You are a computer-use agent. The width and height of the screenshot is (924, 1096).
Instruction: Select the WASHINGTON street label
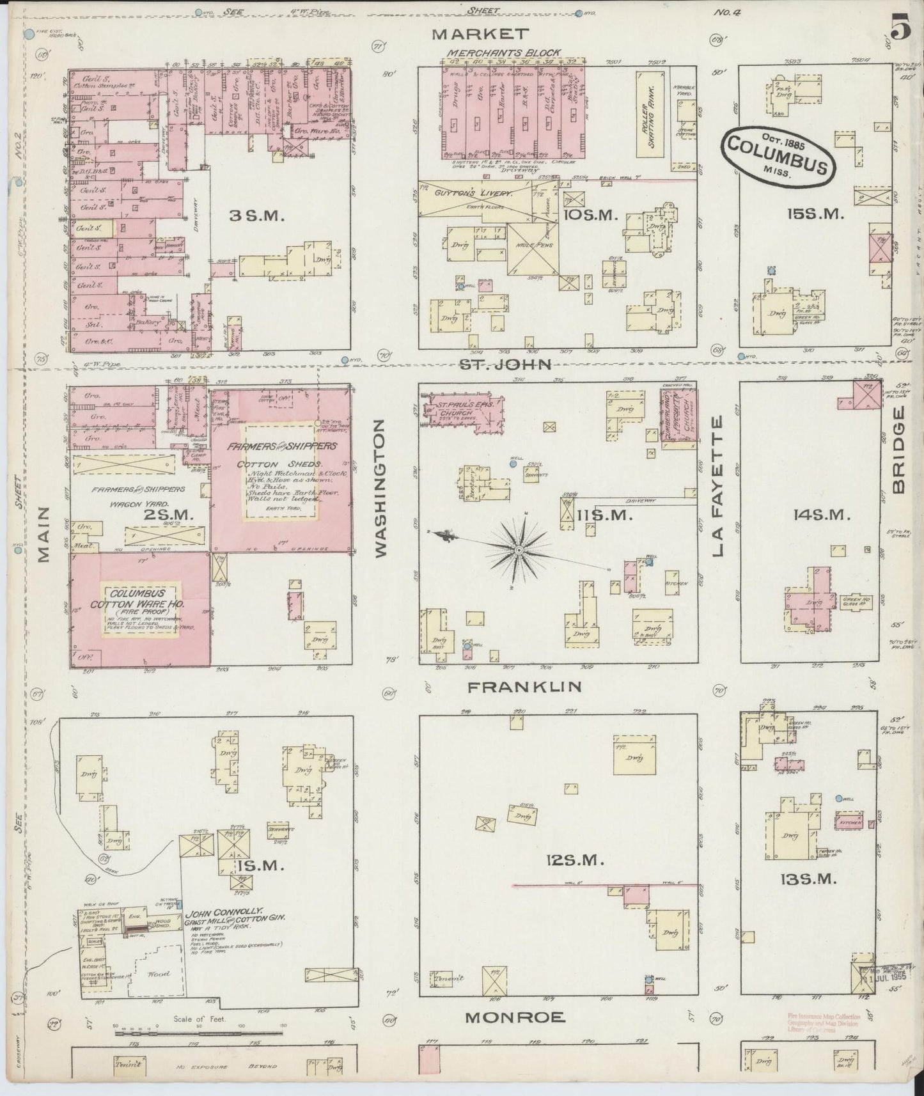(x=382, y=489)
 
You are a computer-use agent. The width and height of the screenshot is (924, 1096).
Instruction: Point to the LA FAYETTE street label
(x=719, y=485)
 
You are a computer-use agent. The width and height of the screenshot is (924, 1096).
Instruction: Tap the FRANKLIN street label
(x=524, y=687)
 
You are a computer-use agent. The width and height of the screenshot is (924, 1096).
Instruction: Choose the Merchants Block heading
(x=504, y=52)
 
